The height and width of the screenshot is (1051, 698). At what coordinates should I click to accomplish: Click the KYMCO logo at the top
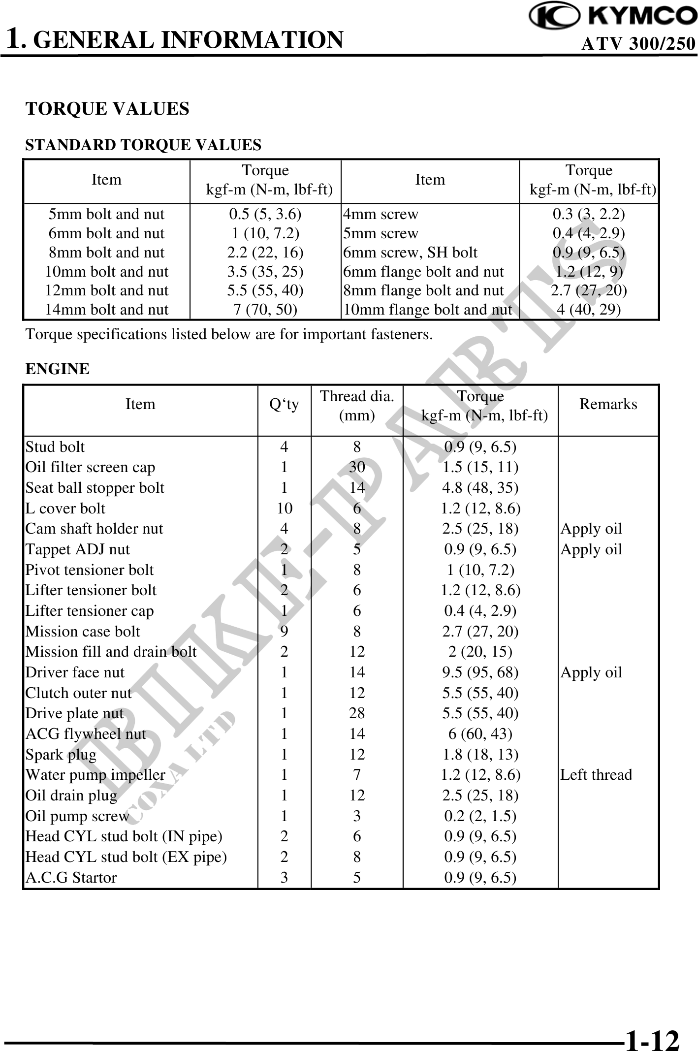coord(613,16)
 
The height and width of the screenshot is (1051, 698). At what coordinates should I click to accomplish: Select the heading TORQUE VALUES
coord(107,109)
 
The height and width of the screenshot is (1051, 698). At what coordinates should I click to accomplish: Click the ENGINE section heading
coord(58,369)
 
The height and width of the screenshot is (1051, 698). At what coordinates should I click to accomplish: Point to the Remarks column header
coord(608,404)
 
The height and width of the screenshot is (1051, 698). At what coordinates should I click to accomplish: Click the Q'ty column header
coord(284,405)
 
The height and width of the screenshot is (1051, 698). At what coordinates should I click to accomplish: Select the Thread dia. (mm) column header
coord(357,406)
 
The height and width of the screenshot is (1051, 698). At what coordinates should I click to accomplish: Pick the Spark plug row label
coord(61,754)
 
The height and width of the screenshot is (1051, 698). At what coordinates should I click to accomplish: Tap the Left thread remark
coord(596,775)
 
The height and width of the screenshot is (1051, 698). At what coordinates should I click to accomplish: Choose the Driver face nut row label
coord(75,672)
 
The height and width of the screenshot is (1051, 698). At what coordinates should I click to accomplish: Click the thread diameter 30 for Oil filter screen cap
coord(357,467)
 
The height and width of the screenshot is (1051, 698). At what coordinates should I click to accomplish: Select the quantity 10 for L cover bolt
coord(285,508)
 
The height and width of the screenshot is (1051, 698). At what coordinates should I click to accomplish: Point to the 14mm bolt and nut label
coord(107,310)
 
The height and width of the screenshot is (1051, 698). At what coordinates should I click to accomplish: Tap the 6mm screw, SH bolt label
coord(410,253)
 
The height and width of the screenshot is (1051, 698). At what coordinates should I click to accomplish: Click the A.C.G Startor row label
coord(71,878)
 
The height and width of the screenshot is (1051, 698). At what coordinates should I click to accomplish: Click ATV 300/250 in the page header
coord(638,45)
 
